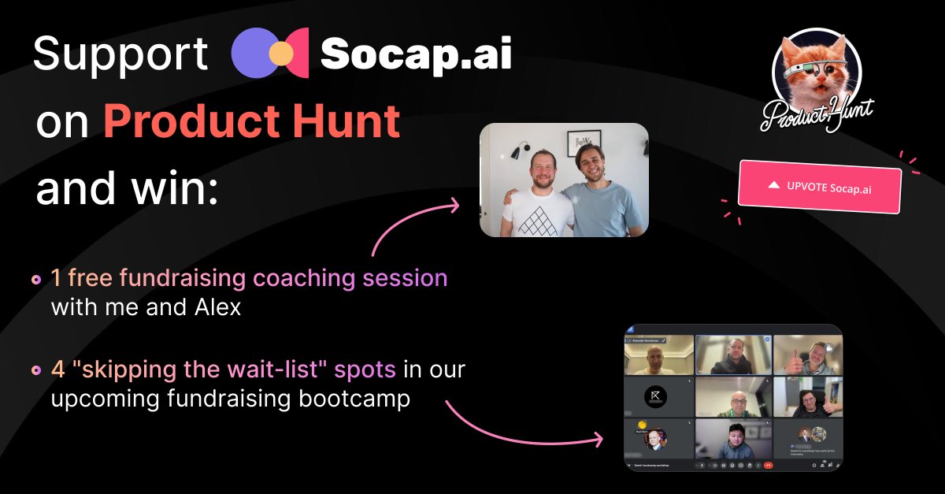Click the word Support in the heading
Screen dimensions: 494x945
(x=120, y=54)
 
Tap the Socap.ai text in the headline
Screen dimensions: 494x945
(x=416, y=54)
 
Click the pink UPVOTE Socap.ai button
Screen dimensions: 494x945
(x=820, y=187)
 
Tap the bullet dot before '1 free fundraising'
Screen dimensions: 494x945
(x=36, y=280)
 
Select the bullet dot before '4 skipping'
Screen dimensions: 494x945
(x=36, y=370)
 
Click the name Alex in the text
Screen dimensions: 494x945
(x=217, y=307)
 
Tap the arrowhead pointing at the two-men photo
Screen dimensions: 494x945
(x=454, y=206)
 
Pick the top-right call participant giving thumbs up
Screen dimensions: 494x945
(x=807, y=355)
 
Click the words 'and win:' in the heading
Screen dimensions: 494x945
(x=126, y=191)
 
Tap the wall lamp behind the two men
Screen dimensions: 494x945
(x=521, y=150)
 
